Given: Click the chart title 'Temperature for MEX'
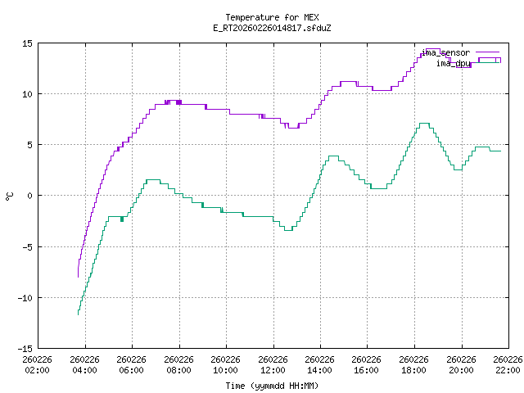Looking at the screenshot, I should tap(272, 17).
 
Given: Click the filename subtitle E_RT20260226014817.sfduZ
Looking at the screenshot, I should tap(272, 28).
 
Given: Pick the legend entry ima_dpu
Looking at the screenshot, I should tap(452, 63).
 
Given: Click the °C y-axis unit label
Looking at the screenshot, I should tap(10, 196).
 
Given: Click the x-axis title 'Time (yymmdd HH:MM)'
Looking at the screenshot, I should tap(272, 385).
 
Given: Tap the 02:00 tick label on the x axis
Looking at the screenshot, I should tap(38, 364).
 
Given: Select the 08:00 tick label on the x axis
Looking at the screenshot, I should tap(178, 364).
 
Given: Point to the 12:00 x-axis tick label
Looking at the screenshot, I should tap(273, 364).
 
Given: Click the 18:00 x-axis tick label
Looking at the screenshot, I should tap(414, 364).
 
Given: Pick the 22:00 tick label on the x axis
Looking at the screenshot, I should tap(508, 364).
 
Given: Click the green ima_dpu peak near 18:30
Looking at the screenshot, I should tap(424, 124).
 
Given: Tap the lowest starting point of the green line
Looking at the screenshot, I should tap(79, 314).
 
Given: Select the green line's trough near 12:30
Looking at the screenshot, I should tap(287, 230).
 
